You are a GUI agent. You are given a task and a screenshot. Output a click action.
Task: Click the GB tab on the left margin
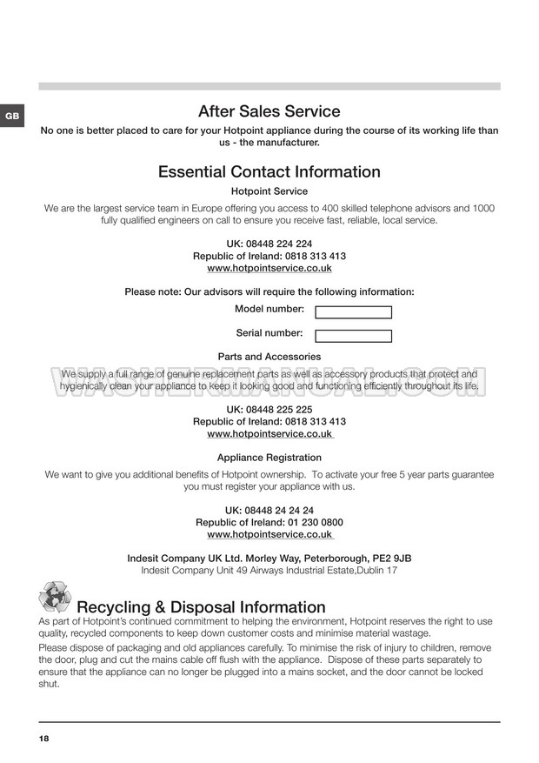11,116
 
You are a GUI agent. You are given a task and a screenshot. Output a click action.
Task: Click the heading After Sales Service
269,111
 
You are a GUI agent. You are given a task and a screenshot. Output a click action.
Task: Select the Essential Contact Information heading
269,172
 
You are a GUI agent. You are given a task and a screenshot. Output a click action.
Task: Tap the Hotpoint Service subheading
269,191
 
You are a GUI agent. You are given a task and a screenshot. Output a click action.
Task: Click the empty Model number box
353,312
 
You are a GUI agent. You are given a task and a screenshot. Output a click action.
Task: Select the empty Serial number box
353,336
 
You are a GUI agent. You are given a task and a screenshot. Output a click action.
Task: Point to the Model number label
269,310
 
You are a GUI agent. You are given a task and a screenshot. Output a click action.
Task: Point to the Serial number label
269,333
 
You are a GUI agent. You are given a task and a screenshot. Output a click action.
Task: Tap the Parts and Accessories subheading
269,357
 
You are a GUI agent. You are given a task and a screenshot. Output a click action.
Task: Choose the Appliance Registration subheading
269,458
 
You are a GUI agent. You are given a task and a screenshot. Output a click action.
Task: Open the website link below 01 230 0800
269,535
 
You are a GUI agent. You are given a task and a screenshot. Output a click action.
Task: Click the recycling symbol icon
55,599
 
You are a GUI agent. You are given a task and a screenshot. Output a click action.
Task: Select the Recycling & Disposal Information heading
202,607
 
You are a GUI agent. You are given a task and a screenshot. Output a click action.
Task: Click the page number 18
44,739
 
